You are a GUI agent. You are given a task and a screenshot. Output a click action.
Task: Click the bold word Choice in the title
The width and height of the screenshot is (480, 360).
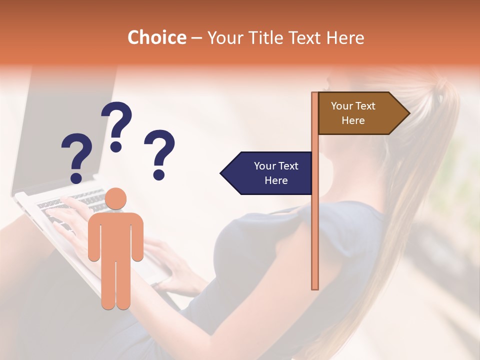tap(156, 37)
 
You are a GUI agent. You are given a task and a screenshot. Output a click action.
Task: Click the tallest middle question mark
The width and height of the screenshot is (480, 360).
tap(116, 125)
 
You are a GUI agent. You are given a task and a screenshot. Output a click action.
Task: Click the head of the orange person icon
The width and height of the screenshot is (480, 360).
tap(116, 199)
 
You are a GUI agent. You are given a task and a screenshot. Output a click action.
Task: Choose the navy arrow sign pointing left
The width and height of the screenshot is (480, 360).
tap(267, 173)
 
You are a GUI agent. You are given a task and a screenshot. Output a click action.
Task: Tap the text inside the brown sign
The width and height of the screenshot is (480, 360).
tap(353, 113)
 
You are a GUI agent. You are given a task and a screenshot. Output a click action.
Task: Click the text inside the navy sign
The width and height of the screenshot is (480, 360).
tap(276, 173)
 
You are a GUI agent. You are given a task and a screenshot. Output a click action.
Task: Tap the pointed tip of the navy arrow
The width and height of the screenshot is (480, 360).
tap(222, 173)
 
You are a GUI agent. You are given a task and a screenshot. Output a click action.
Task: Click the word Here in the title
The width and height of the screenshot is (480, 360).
tap(345, 37)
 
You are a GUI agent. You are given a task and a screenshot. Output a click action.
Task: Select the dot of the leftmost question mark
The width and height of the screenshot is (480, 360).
tap(76, 177)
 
